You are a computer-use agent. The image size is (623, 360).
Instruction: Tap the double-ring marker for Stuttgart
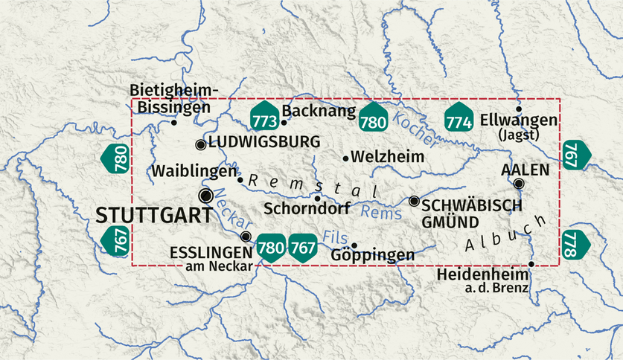pos(206,195)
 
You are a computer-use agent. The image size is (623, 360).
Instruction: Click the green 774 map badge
pos(459,118)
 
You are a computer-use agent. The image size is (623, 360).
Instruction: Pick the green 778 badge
pos(575,244)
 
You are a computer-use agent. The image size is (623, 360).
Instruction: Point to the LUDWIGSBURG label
pos(264,141)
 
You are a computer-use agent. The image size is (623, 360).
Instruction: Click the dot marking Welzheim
pos(346,158)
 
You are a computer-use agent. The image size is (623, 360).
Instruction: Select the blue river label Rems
pos(380,212)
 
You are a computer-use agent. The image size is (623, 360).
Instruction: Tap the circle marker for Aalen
pos(519,184)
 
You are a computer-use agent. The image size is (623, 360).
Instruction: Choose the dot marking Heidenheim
pos(531,264)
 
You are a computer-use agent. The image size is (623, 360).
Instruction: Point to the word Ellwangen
pos(519,120)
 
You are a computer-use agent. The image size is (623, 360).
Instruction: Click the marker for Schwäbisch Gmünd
pos(414,201)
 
